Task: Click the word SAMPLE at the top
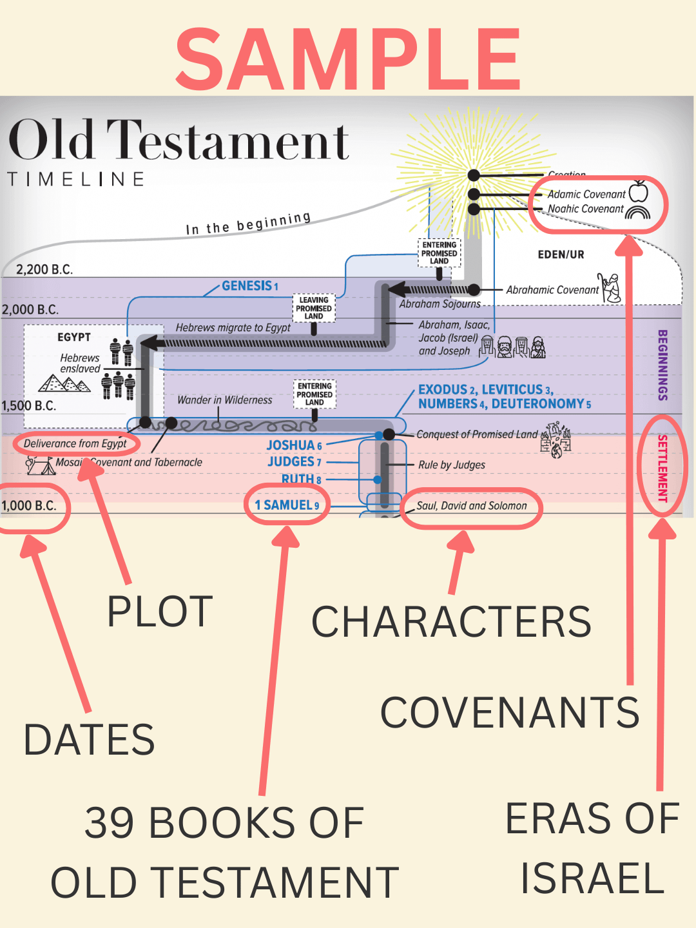coord(348,59)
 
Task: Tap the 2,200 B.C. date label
coord(44,269)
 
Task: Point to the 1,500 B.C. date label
coord(29,406)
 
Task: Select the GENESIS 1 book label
coord(249,286)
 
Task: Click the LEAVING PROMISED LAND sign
coord(314,309)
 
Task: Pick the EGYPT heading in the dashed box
coord(74,337)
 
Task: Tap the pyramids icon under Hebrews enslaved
coord(64,384)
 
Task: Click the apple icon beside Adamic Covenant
coord(638,191)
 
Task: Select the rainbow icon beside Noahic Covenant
coord(637,212)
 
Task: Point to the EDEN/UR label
coord(561,255)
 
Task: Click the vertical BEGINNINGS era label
coord(662,365)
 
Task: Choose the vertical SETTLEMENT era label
coord(662,468)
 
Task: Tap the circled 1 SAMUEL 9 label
coord(287,505)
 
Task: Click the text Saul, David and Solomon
coord(471,506)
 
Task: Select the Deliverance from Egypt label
coord(75,443)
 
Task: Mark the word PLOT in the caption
coord(160,612)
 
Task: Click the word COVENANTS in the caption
coord(509,713)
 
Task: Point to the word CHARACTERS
coord(451,622)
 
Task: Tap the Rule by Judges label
coord(452,465)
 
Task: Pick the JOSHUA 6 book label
coord(294,445)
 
